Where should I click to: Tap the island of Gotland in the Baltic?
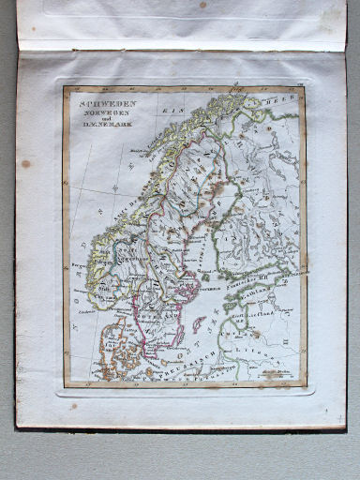[200, 324]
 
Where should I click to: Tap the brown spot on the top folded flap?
[202, 5]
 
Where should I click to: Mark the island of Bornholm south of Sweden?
[164, 362]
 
